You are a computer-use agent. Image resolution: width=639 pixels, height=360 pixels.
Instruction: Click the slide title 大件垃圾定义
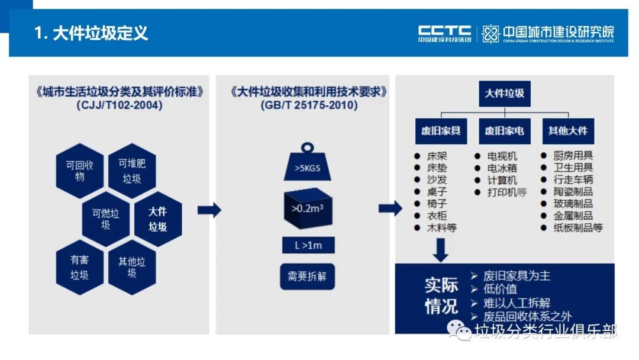tap(91, 33)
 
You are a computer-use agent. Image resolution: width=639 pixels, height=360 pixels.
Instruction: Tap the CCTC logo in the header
tap(444, 33)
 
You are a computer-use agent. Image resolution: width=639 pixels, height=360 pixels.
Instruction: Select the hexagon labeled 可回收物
tap(79, 171)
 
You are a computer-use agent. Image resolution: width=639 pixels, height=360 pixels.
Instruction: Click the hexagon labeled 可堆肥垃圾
tap(132, 171)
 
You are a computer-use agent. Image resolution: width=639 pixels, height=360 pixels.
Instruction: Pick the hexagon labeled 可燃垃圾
tap(105, 218)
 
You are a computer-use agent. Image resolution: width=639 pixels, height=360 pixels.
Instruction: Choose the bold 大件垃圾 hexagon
tap(157, 218)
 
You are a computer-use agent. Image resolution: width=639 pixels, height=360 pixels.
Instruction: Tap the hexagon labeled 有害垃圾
tap(79, 267)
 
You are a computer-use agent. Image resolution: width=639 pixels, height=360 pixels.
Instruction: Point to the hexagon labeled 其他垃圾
tap(132, 267)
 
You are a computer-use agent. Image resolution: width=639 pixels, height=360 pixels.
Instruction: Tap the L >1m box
tap(308, 245)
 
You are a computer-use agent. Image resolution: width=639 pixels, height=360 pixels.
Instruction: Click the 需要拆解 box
tap(307, 277)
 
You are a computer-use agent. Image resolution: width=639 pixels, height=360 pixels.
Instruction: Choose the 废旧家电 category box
tap(504, 131)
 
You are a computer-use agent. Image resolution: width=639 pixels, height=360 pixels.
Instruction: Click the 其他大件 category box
tap(568, 131)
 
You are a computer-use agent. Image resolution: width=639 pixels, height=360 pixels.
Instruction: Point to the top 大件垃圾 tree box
tap(504, 94)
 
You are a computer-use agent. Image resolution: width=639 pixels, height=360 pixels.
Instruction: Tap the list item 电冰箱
tap(502, 168)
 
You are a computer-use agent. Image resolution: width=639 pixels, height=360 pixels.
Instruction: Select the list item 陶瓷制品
tap(573, 192)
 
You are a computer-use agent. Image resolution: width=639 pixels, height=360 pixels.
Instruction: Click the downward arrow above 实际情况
tap(440, 252)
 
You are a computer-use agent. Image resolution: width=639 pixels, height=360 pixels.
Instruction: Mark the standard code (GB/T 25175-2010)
tap(308, 105)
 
